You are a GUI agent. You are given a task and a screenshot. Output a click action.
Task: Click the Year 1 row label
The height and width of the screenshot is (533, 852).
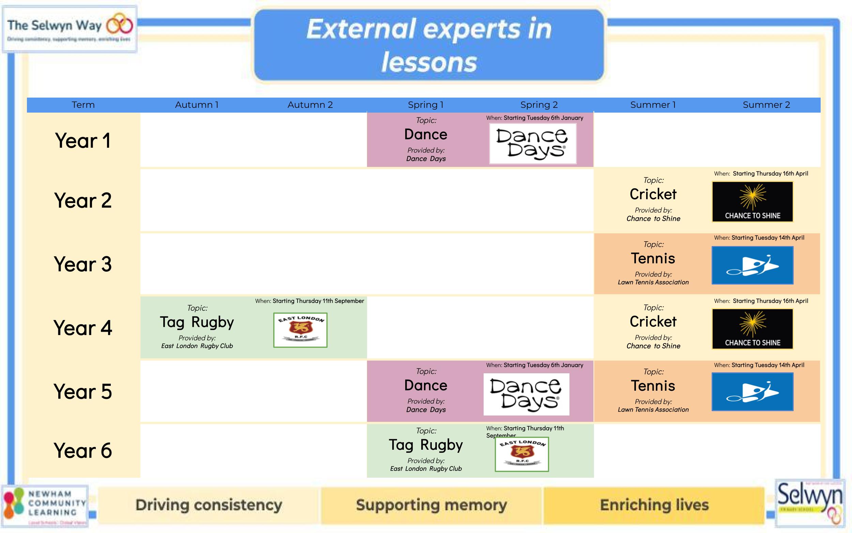83,141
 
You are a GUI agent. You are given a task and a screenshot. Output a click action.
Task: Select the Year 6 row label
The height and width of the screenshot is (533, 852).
83,450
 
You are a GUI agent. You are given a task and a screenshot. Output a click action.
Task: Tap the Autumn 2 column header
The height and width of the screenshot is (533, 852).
310,105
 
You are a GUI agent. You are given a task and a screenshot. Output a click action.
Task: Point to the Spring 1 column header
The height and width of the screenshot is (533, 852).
425,105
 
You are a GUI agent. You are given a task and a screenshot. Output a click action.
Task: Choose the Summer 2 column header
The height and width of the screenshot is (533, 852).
766,105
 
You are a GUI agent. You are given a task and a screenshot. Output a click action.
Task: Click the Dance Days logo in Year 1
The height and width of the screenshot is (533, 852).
532,144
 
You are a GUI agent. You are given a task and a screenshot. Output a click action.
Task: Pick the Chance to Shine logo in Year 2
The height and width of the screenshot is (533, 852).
752,202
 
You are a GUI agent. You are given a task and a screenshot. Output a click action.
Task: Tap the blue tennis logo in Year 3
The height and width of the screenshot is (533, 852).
752,265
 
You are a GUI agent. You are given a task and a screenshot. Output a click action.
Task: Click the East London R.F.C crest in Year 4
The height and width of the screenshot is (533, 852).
300,330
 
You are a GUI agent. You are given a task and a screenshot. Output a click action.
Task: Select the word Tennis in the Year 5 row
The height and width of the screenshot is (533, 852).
653,386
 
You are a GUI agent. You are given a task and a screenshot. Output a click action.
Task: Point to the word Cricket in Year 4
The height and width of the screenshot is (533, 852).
653,322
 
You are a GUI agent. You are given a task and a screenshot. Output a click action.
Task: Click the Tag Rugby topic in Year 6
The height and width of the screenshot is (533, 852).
425,445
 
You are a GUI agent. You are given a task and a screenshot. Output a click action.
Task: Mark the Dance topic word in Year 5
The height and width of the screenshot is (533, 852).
426,386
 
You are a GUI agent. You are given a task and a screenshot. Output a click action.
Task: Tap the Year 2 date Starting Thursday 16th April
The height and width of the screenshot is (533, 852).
770,174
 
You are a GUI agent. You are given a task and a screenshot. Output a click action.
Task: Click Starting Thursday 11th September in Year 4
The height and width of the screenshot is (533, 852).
318,301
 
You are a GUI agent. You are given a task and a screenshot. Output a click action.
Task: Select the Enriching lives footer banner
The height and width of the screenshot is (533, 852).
654,505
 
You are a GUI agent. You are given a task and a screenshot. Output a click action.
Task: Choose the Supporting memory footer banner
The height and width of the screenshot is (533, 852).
431,505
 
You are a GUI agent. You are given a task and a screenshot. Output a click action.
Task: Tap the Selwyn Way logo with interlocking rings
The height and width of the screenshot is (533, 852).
70,29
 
